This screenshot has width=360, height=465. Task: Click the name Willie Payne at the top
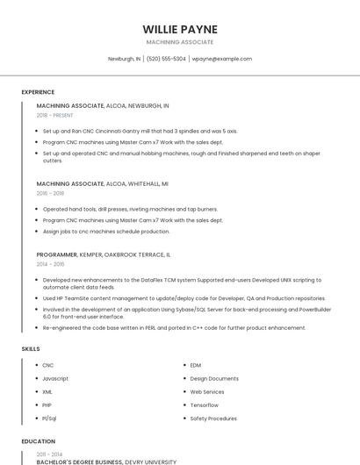click(179, 29)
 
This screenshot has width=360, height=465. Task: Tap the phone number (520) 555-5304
click(166, 59)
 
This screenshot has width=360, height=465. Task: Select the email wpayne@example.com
click(221, 59)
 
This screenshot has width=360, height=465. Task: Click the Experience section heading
click(38, 91)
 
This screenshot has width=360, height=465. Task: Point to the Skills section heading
click(31, 349)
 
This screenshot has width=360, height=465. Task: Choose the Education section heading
click(38, 440)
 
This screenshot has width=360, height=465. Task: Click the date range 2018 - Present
click(55, 115)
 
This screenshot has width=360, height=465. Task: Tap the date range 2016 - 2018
click(50, 193)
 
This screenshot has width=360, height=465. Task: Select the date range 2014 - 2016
click(50, 263)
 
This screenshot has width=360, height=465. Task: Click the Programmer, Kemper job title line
click(104, 254)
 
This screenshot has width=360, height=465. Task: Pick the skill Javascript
click(55, 378)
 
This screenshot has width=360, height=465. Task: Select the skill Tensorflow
click(205, 405)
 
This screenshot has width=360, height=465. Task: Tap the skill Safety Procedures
click(213, 418)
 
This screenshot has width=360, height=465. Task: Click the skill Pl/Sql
click(49, 418)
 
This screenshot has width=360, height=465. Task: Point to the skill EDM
click(196, 365)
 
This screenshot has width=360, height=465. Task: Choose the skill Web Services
click(207, 391)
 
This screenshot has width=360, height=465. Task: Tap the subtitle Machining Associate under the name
click(179, 42)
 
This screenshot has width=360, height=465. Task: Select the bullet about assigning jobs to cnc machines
click(106, 232)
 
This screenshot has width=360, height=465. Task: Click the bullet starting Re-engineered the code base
click(174, 328)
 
